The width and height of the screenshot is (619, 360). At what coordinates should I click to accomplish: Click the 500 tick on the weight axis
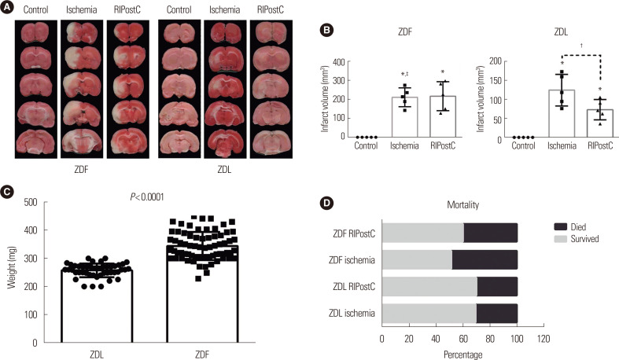(41, 202)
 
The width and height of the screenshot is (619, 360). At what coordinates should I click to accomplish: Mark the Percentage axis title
(449, 354)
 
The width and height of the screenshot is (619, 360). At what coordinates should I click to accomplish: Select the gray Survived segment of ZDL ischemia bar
(429, 314)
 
